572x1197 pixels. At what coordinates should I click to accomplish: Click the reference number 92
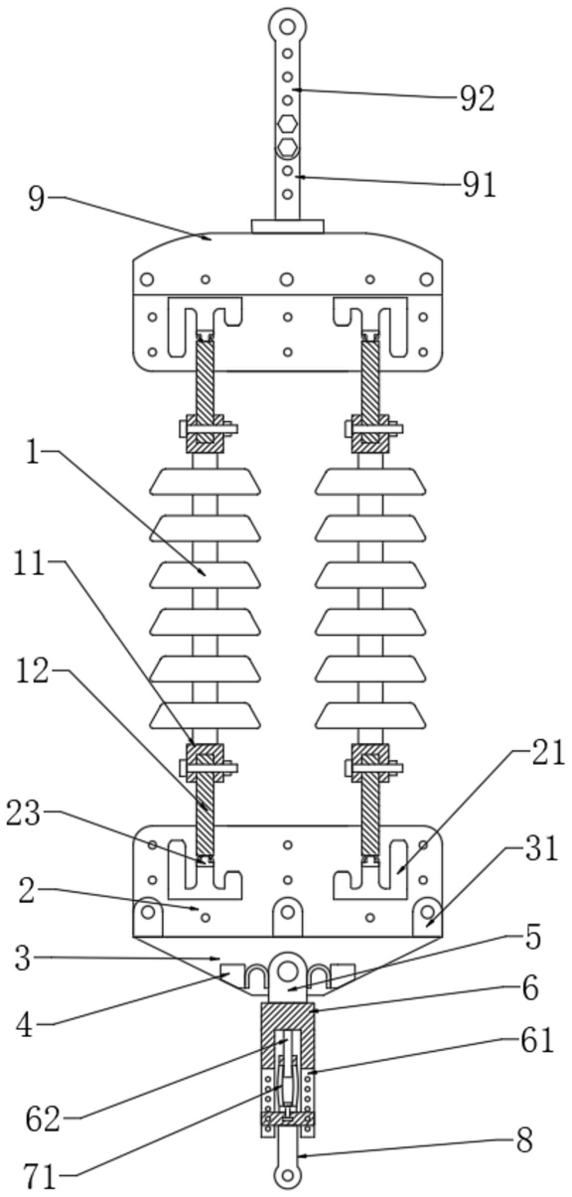[x=478, y=98]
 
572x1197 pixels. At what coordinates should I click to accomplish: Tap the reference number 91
[x=479, y=185]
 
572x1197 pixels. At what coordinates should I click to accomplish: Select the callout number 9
[x=37, y=199]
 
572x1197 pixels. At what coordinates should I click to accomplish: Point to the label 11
[x=29, y=563]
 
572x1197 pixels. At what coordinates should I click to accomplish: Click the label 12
[x=32, y=672]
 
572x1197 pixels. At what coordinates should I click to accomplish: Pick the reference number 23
[x=24, y=814]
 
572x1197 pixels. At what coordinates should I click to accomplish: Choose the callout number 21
[x=547, y=753]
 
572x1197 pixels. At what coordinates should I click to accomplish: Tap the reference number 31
[x=541, y=848]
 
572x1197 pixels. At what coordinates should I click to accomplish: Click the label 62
[x=44, y=1121]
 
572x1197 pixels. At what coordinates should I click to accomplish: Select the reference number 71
[x=40, y=1177]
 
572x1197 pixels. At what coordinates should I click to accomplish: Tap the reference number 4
[x=25, y=1025]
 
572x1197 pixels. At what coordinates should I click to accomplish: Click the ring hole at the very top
[x=287, y=27]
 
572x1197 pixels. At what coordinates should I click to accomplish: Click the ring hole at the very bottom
[x=288, y=1176]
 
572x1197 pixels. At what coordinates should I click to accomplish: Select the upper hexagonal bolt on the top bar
[x=287, y=123]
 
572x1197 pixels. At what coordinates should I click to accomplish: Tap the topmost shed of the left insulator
[x=206, y=481]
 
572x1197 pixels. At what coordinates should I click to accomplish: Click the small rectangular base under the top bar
[x=288, y=226]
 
